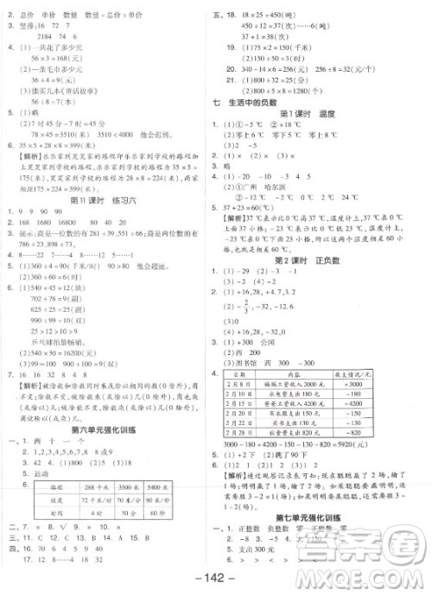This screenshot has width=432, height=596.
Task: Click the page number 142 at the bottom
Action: click(215, 577)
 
